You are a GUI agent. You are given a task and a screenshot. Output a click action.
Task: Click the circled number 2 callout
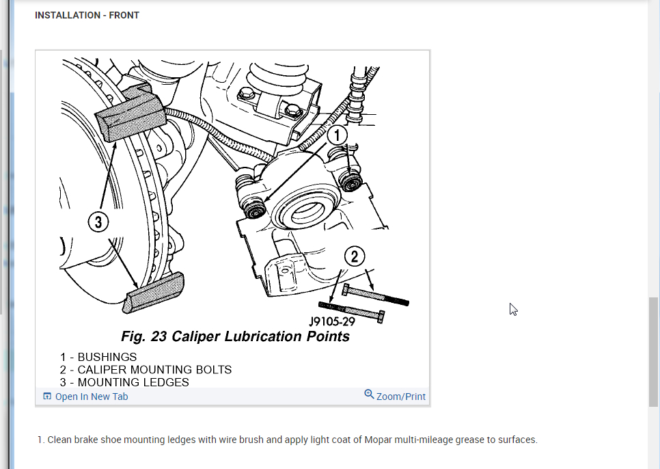pyautogui.click(x=354, y=256)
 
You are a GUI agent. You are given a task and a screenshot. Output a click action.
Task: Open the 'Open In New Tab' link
pyautogui.click(x=91, y=397)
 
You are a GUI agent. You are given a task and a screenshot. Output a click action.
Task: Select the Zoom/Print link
pyautogui.click(x=400, y=397)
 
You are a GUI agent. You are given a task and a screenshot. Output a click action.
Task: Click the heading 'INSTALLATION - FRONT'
pyautogui.click(x=87, y=15)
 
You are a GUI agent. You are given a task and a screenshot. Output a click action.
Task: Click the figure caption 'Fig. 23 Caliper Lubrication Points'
pyautogui.click(x=235, y=336)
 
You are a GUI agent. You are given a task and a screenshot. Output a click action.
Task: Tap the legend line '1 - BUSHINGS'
pyautogui.click(x=98, y=357)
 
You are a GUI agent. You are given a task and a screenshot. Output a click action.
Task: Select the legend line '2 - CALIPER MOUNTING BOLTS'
pyautogui.click(x=146, y=370)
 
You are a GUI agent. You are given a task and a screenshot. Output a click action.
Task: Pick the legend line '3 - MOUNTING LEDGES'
pyautogui.click(x=124, y=383)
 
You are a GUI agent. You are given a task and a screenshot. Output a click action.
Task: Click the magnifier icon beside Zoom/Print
pyautogui.click(x=369, y=394)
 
